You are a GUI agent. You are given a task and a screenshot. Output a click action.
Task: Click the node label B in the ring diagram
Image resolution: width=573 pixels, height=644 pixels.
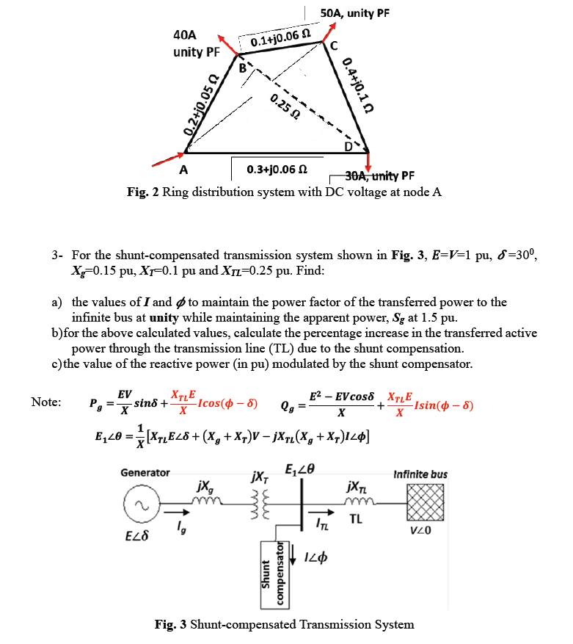244,67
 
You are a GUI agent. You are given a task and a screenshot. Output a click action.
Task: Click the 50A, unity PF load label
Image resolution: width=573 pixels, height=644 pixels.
355,12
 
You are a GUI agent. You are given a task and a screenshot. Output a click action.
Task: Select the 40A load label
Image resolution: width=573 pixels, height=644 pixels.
185,35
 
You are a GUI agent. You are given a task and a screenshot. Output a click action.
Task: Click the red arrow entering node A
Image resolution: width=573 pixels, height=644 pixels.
168,157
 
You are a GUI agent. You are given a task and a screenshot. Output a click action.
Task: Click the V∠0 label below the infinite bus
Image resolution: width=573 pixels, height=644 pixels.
420,531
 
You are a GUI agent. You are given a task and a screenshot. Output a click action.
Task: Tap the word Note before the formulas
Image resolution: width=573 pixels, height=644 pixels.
46,402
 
